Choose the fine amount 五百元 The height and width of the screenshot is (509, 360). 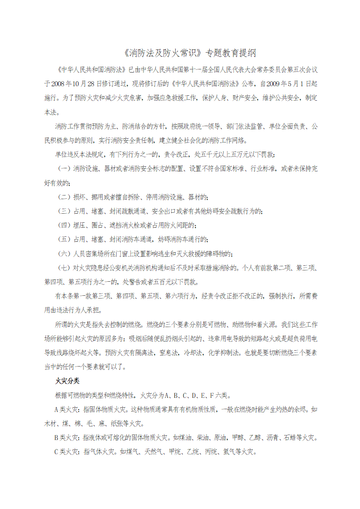coord(164,281)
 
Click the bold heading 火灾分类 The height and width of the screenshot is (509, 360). coord(67,381)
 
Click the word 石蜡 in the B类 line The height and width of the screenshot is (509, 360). coord(289,438)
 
